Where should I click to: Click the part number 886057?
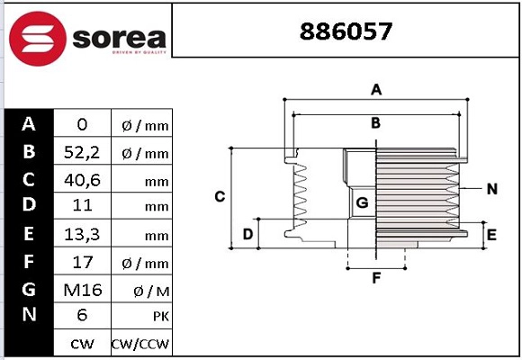click(x=345, y=32)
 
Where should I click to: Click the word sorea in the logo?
click(x=118, y=38)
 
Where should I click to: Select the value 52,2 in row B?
click(x=82, y=153)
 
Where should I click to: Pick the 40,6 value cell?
click(x=82, y=180)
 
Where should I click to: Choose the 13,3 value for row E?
click(x=82, y=234)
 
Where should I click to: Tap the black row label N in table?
click(x=29, y=314)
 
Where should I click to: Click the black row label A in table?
click(x=29, y=124)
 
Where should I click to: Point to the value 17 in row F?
click(x=82, y=262)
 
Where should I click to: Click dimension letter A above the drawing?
click(x=377, y=89)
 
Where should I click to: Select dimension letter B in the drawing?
click(x=376, y=122)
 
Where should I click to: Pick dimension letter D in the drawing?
click(x=247, y=235)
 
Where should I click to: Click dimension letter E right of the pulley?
click(x=491, y=235)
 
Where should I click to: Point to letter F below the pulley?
click(x=376, y=278)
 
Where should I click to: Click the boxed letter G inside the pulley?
click(x=362, y=203)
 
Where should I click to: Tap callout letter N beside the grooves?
click(x=491, y=189)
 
